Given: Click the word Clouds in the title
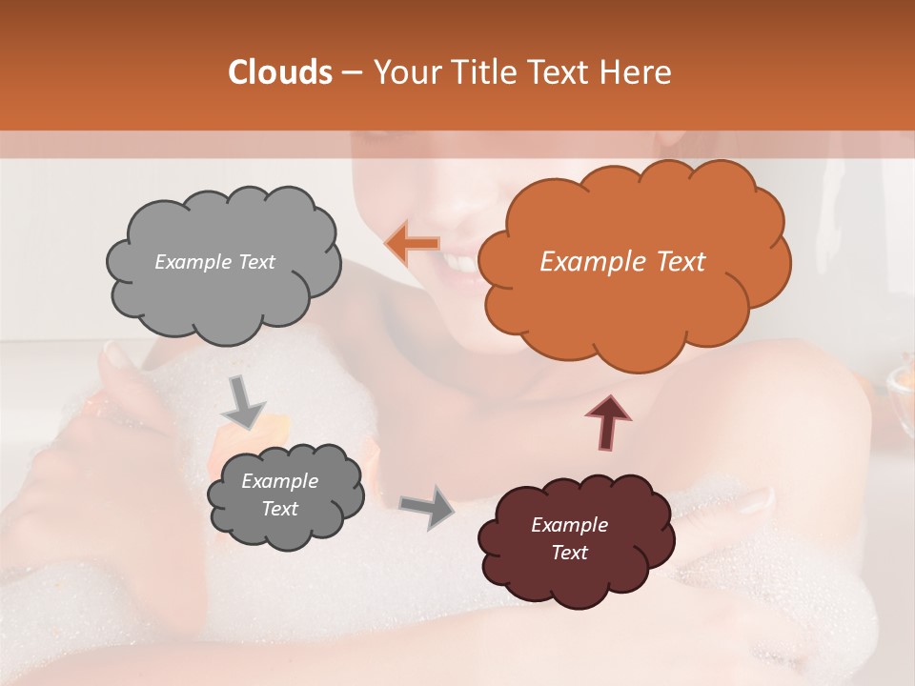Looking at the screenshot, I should [x=280, y=72].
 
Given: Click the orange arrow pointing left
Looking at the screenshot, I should [x=412, y=243].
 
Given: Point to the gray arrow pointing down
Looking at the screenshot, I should [x=244, y=401].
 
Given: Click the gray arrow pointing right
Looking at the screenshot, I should [x=427, y=506].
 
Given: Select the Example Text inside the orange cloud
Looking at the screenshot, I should [x=622, y=262].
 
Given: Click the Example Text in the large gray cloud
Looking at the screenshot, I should [x=214, y=262].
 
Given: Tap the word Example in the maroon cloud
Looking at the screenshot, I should [x=569, y=525].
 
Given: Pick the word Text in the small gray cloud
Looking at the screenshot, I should [x=279, y=509].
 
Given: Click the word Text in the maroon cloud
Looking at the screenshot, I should [x=569, y=553].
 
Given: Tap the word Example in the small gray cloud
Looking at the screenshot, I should [x=279, y=481].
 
